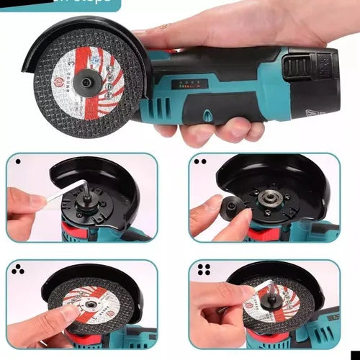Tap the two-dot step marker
[201, 162]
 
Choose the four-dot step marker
[203, 271]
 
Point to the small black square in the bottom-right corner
[355, 355]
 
